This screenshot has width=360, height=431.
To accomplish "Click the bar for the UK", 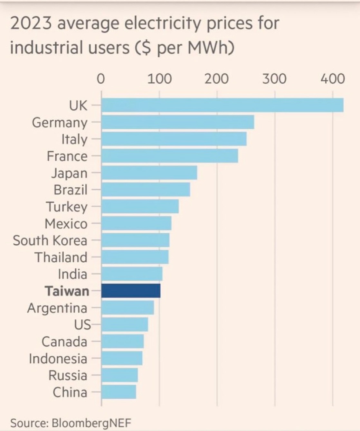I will click(x=222, y=105).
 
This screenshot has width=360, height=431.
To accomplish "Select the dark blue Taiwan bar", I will click(x=131, y=291).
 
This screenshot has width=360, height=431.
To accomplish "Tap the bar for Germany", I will click(x=177, y=122).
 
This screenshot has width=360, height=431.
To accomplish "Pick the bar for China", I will click(x=118, y=392).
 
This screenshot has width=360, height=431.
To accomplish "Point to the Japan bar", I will click(x=149, y=173).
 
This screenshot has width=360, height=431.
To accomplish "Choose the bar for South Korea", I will click(x=135, y=240).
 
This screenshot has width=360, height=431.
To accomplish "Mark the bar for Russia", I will click(x=119, y=375).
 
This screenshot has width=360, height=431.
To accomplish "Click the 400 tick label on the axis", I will click(x=333, y=79).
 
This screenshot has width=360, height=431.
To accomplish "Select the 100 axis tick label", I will click(x=159, y=79).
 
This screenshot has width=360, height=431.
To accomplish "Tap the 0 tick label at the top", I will click(x=101, y=79).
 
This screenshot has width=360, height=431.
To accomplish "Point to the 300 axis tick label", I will click(x=274, y=79).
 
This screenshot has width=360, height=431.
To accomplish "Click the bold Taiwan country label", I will click(x=67, y=291).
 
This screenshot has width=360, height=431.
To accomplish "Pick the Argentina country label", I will click(x=57, y=308).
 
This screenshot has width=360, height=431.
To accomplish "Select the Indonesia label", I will click(x=58, y=359).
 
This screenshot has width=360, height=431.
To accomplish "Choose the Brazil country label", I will click(x=71, y=190).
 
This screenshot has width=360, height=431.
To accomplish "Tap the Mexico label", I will click(x=66, y=223).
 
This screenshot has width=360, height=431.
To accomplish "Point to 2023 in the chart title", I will click(x=31, y=23).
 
